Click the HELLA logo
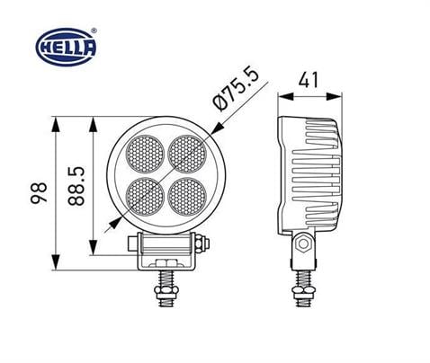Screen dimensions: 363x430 click(x=63, y=44)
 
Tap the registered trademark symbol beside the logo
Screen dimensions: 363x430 click(x=94, y=30)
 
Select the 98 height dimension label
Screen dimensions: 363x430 click(x=39, y=191)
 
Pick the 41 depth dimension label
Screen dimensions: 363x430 click(x=309, y=80)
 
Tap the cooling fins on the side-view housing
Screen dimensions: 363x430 click(x=319, y=171)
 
